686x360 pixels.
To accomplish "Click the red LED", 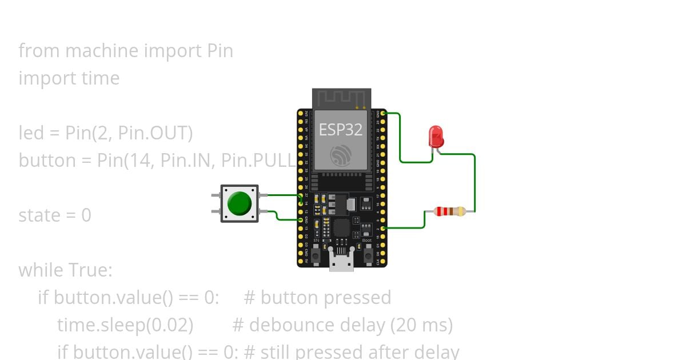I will [x=436, y=137].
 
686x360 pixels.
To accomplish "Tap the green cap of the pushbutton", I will [x=239, y=203].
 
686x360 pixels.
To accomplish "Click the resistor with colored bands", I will [x=450, y=211].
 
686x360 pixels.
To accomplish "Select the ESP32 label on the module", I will [x=341, y=130].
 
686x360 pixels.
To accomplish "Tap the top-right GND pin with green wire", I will [x=383, y=113].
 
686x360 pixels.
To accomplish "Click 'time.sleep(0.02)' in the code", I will [x=125, y=325].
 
